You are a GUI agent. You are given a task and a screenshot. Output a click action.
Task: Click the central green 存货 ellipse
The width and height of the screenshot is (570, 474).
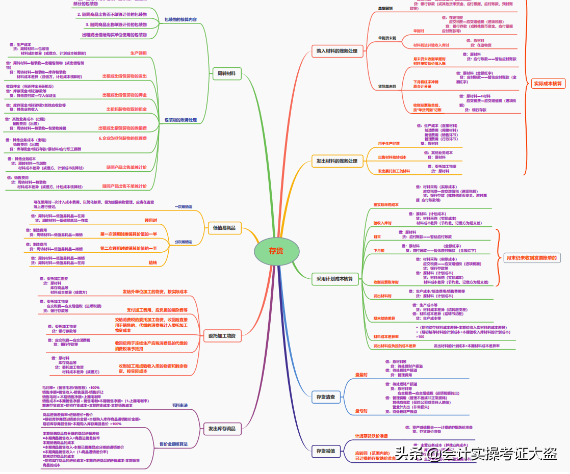(276, 251)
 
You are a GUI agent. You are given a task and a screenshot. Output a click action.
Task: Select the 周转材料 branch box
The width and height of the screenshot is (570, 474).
(226, 73)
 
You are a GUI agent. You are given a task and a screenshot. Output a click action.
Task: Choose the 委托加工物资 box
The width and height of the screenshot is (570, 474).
(222, 335)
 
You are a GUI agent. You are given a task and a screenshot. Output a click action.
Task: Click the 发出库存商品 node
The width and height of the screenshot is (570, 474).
(222, 429)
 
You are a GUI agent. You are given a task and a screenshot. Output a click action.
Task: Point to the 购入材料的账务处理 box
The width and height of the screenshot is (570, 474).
(337, 51)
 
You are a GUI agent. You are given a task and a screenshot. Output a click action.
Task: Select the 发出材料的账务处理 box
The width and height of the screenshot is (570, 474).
(337, 161)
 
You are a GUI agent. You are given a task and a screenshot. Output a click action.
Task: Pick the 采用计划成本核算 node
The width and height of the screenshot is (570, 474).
(334, 279)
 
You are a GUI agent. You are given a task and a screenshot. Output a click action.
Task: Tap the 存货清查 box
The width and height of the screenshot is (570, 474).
(325, 396)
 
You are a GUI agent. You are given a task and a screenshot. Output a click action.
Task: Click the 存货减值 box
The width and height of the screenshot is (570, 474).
(325, 451)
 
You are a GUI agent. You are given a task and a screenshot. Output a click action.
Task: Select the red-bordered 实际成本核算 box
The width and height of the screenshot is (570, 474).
(548, 83)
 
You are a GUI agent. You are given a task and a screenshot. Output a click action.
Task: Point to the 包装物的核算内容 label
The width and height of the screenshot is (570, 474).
(180, 19)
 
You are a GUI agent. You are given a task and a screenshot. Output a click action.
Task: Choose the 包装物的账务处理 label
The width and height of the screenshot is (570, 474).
(180, 120)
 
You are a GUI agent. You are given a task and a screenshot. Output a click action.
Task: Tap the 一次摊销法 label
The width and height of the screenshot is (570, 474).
(184, 206)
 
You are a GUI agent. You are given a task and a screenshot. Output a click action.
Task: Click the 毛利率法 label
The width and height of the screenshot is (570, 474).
(179, 405)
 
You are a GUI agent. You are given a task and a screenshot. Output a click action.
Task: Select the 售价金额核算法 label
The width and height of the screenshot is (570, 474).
(173, 444)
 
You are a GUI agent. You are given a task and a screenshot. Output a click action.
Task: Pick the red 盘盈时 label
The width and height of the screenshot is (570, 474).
(361, 375)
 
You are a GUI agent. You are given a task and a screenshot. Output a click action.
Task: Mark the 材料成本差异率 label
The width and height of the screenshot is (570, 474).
(385, 336)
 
